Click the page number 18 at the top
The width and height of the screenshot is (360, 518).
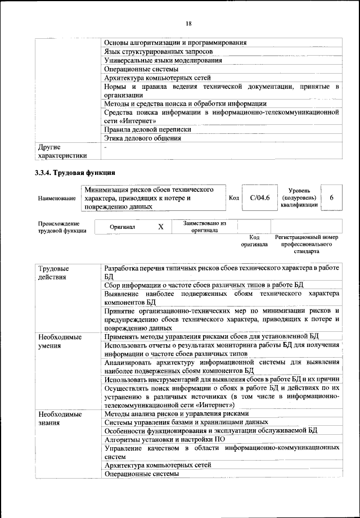point(188,23)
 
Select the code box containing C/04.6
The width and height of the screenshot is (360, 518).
point(260,198)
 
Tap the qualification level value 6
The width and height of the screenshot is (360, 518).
point(331,198)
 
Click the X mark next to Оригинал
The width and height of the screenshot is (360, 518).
point(160,226)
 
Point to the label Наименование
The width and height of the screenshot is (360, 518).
point(57,199)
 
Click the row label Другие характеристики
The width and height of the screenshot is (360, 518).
point(62,151)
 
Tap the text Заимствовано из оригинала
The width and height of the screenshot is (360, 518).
point(204,226)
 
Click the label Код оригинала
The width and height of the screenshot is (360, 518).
point(254,241)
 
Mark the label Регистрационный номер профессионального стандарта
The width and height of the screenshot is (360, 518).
point(307,245)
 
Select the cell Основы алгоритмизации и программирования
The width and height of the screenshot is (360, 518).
point(176,42)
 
